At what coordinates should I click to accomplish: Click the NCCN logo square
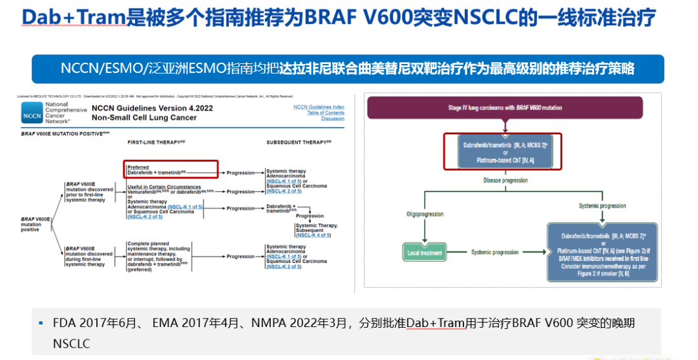pos(32,112)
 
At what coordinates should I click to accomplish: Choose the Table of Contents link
pos(325,112)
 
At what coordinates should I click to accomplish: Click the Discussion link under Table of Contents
pos(333,118)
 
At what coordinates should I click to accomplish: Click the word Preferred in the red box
pos(138,167)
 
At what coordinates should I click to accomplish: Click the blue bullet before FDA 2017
pos(40,322)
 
